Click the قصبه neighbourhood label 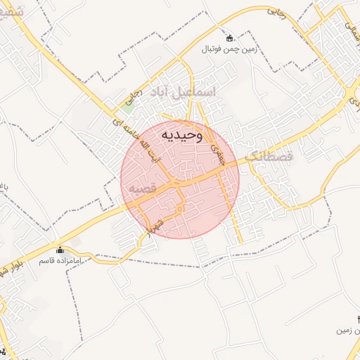click(143, 189)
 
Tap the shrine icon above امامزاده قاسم click(59, 250)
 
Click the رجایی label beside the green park click(134, 98)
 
